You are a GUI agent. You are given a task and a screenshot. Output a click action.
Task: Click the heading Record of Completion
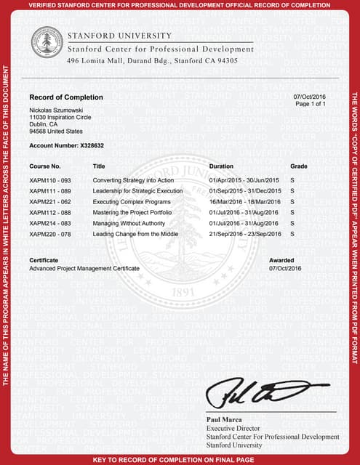pyautogui.click(x=66, y=97)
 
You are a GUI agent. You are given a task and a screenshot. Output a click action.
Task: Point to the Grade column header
pyautogui.click(x=299, y=166)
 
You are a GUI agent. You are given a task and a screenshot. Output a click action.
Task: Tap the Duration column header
pyautogui.click(x=221, y=166)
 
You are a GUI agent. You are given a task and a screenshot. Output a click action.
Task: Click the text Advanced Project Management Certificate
pyautogui.click(x=84, y=269)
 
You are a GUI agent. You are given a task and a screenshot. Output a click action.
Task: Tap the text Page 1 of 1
pyautogui.click(x=308, y=105)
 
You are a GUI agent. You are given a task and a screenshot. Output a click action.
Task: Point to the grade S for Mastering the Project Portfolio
pyautogui.click(x=292, y=213)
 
